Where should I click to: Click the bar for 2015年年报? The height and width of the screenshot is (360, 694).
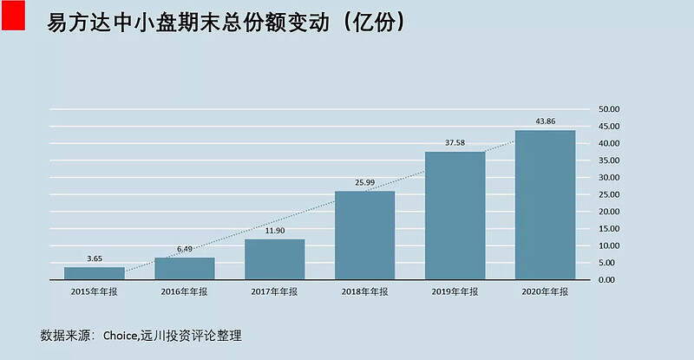[94, 273]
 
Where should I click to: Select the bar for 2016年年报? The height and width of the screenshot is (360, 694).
[184, 269]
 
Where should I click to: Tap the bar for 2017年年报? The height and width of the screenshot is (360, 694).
[274, 259]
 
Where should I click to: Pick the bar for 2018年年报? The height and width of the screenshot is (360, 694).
[364, 236]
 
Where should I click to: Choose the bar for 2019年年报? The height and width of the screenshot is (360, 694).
[455, 216]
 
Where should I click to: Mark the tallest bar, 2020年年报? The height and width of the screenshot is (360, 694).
[545, 206]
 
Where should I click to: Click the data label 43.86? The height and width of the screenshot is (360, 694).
[545, 121]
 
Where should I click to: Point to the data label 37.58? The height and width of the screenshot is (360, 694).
[455, 142]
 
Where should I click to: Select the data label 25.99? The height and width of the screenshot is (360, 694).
[364, 182]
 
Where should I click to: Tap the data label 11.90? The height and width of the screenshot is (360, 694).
[274, 230]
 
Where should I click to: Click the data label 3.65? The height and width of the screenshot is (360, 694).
[94, 258]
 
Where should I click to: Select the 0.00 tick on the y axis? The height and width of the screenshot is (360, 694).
[608, 280]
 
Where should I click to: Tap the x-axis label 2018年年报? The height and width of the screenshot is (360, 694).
[364, 292]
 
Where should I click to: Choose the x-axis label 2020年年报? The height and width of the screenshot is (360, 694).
[545, 292]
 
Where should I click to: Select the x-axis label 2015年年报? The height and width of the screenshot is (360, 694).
[94, 292]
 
